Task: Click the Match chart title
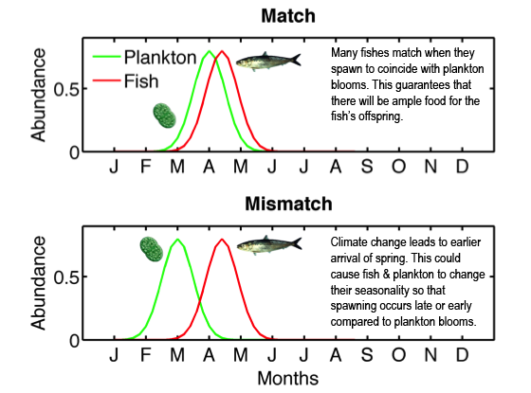click(x=288, y=16)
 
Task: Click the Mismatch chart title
click(x=288, y=204)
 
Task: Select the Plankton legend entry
click(x=144, y=57)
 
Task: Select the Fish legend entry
click(x=125, y=81)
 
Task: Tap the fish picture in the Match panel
click(x=268, y=62)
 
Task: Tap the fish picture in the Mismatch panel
click(x=269, y=244)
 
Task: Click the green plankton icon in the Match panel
click(x=165, y=116)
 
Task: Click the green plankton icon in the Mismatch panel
click(x=152, y=249)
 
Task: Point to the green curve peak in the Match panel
click(x=209, y=51)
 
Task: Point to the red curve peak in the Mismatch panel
click(x=222, y=240)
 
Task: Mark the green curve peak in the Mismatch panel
click(x=177, y=240)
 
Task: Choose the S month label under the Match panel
click(x=367, y=167)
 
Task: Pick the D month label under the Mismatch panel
click(x=463, y=355)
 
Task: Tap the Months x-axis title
click(x=288, y=378)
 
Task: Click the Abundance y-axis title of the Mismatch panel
click(x=38, y=283)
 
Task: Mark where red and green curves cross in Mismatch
click(x=200, y=299)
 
